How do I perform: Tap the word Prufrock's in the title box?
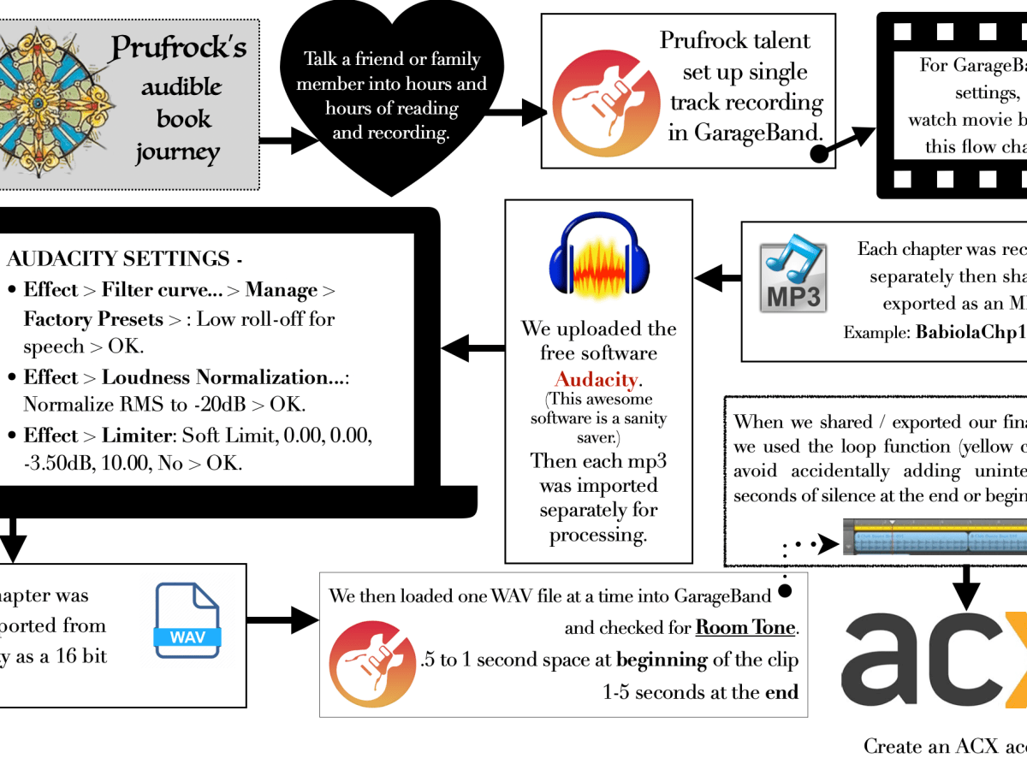[x=178, y=48]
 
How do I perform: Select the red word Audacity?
[x=597, y=379]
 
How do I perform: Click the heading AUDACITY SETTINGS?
[x=118, y=258]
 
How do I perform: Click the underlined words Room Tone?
[x=745, y=627]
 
